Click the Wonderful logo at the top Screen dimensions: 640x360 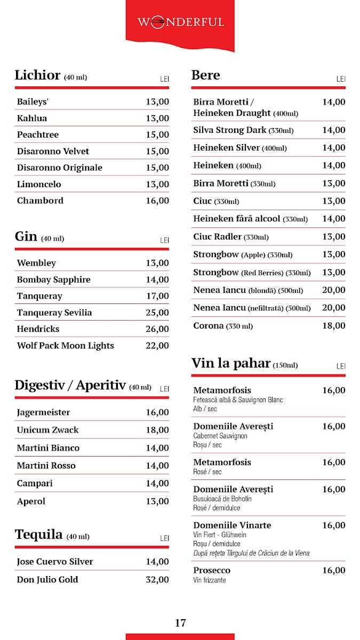point(180,22)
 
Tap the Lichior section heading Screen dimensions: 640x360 point(37,75)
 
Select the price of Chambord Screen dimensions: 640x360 point(157,201)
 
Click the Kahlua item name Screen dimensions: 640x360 point(32,118)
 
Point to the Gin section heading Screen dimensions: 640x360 point(26,237)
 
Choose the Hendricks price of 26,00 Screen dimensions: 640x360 point(157,329)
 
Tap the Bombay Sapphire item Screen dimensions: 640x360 point(53,279)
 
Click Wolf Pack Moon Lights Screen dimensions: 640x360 point(65,346)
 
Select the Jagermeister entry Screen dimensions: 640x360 point(43,412)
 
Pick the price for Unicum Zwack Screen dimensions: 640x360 point(157,430)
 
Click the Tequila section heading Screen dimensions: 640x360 point(38,535)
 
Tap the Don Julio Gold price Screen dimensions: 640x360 point(157,580)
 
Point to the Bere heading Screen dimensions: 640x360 point(205,75)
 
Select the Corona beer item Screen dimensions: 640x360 point(209,326)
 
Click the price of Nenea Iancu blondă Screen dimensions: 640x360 point(333,290)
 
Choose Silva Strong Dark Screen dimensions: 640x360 point(229,130)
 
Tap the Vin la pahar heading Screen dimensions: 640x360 point(231,364)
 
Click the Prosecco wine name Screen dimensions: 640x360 point(212,571)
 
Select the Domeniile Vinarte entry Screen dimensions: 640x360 point(232,525)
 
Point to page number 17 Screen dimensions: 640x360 point(180,622)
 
